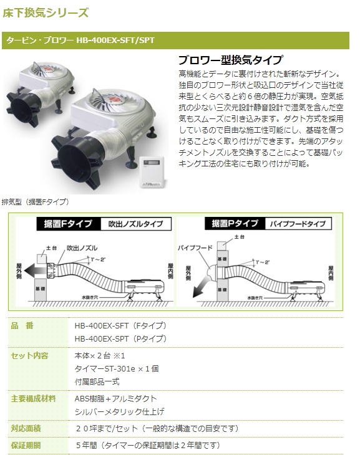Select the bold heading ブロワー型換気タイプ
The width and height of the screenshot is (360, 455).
231,61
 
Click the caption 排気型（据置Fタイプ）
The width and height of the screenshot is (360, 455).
36,202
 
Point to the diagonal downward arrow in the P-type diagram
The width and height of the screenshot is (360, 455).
202,289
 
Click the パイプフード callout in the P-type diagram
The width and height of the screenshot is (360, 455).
193,247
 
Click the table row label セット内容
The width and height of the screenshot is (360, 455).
30,355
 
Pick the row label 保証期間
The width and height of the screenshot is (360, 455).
26,446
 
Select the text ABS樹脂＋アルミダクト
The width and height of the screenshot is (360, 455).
115,398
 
